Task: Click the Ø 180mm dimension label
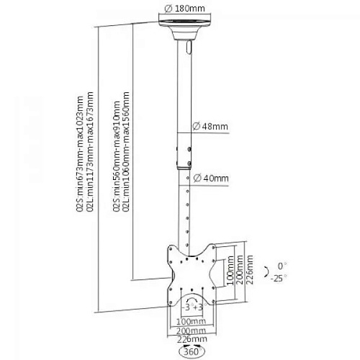point(185,9)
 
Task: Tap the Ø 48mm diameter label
point(210,126)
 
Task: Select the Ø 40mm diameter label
point(211,179)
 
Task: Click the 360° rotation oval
point(192,352)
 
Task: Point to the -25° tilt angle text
point(279,279)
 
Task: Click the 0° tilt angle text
point(282,266)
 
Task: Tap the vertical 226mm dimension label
point(250,270)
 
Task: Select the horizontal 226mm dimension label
point(192,339)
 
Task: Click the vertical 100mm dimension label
point(230,271)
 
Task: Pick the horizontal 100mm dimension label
point(191,321)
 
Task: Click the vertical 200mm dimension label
point(240,270)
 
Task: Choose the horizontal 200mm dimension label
point(192,330)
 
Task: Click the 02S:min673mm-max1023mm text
point(80,153)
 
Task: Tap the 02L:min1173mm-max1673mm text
point(90,151)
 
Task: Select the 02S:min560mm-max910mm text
point(117,156)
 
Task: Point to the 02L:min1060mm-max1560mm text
point(126,151)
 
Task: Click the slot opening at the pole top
point(189,47)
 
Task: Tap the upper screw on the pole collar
point(189,149)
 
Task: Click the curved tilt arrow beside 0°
point(266,272)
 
